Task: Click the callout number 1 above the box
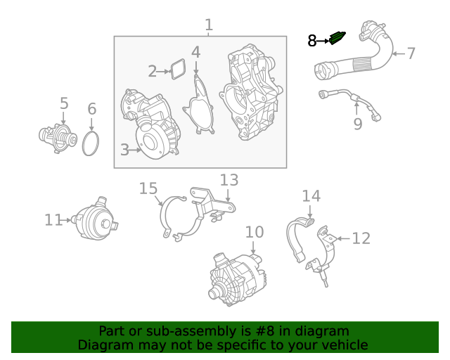(x=208, y=26)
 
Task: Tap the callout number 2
(x=153, y=71)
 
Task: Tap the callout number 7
(x=411, y=53)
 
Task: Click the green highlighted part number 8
(x=338, y=38)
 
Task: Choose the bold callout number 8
(x=312, y=41)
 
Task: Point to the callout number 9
(x=357, y=124)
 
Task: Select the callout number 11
(x=53, y=220)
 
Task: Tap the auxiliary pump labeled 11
(x=96, y=218)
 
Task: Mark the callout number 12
(x=360, y=239)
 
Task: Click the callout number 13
(x=229, y=180)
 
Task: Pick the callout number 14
(x=311, y=195)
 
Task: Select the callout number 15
(x=148, y=188)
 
